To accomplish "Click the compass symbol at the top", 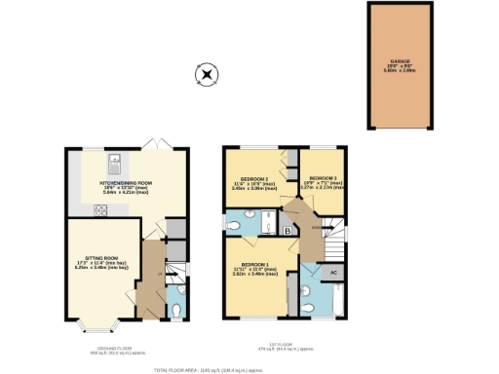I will coord(206,73).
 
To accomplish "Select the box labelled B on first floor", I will coord(289,230).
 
